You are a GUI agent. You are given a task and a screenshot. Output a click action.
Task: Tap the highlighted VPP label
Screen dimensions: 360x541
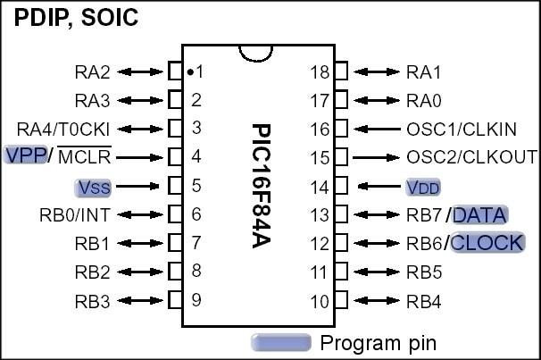coord(25,155)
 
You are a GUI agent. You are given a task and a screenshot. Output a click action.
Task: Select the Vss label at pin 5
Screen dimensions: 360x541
coord(93,187)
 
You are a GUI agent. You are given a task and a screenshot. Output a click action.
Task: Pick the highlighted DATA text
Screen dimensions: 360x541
coord(481,214)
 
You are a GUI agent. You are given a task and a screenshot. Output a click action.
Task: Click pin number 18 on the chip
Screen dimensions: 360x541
coord(319,71)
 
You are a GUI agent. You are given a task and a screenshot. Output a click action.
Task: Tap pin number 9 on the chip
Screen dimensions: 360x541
coord(196,300)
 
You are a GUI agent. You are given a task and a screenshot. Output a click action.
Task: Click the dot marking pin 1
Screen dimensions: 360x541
coord(190,71)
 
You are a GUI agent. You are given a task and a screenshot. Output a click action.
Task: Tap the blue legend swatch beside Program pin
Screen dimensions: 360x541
coord(280,342)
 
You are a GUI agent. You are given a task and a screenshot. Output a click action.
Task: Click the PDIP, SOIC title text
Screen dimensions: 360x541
coord(77,18)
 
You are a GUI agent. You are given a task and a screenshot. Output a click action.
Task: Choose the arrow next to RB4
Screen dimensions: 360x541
coord(378,301)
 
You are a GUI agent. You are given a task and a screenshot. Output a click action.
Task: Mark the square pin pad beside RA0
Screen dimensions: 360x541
coord(341,100)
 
